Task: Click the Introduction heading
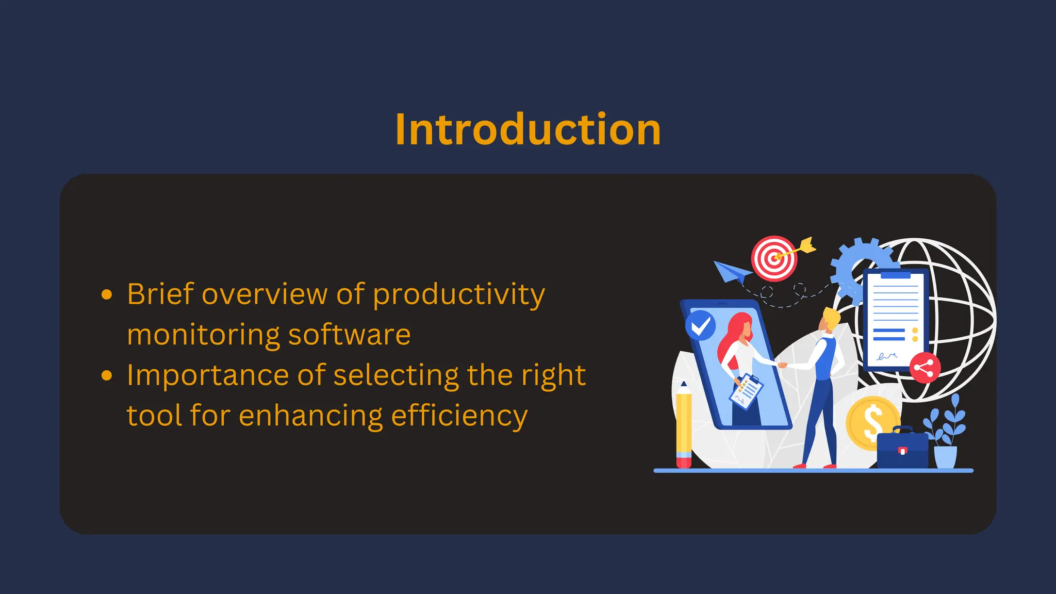coord(527,129)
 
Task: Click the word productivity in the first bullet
coord(458,295)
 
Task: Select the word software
coord(349,335)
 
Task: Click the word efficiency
coord(459,416)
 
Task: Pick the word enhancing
coord(310,416)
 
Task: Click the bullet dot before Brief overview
coord(107,294)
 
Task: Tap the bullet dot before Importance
coord(107,375)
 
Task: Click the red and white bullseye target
coord(773,258)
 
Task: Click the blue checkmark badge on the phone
coord(700,325)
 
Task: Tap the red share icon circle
coord(925,368)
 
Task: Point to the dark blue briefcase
coord(902,450)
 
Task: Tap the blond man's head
coord(830,320)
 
